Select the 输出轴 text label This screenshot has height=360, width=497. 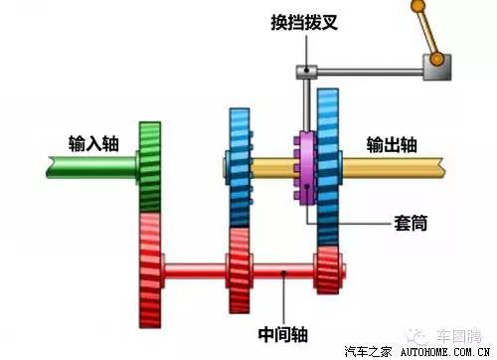(x=392, y=142)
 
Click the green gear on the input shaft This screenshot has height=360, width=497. (x=150, y=164)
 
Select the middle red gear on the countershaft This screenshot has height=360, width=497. (x=239, y=269)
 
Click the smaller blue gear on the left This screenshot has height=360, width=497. (x=239, y=164)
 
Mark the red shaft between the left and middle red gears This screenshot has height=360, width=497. (x=194, y=269)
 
